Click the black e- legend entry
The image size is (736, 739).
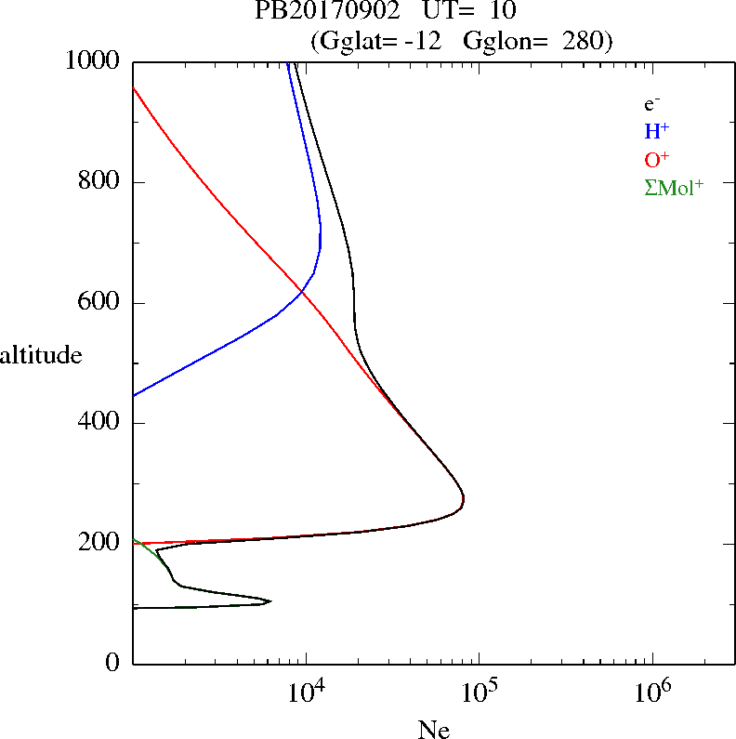coord(651,105)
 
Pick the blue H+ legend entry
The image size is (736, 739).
coord(656,131)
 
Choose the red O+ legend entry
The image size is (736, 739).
coord(657,159)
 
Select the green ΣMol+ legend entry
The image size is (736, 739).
coord(674,187)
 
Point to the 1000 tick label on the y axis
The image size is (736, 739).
coord(93,61)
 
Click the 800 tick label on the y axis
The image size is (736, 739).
coord(100,182)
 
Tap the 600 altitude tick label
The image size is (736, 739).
coord(100,303)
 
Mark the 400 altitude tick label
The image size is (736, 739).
coord(100,423)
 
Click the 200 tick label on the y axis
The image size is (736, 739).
coord(100,544)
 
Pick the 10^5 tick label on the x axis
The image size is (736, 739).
coord(478,692)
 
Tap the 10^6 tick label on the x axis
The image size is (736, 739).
coord(651,692)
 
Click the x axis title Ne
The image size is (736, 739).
coord(433,729)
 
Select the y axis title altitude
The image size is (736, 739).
coord(41,355)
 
